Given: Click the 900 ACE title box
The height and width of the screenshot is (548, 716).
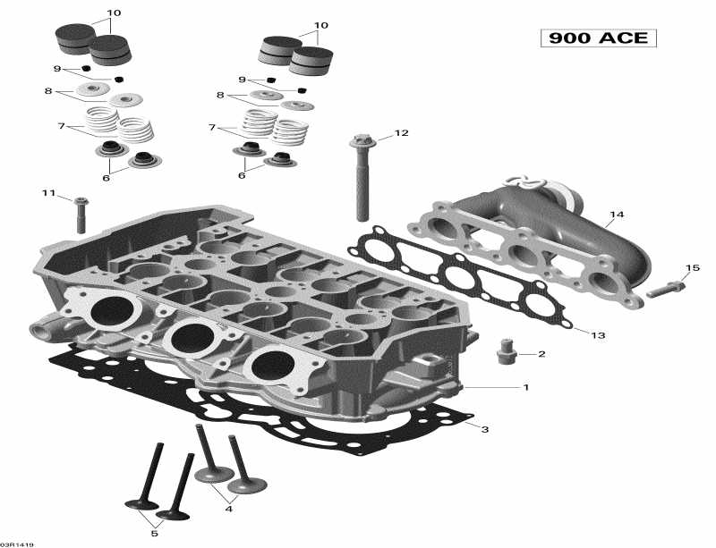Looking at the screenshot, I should (x=599, y=38).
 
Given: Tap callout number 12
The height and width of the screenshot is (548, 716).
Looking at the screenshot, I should (x=401, y=133).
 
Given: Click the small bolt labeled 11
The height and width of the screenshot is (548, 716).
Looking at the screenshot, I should (x=81, y=215).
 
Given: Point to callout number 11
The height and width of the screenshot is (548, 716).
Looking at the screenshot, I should (x=47, y=193).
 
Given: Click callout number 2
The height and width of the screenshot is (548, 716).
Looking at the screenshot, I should (x=541, y=354).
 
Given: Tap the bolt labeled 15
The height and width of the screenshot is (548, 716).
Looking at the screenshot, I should (x=666, y=289).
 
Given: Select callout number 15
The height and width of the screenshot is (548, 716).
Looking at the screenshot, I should (x=693, y=268).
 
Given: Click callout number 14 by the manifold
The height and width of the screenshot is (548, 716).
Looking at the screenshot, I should (x=616, y=215).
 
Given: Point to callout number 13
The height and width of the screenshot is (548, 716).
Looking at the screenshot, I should (x=598, y=335).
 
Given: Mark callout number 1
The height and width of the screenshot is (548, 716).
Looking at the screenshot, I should (x=526, y=387).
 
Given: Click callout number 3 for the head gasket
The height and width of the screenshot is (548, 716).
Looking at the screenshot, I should (x=485, y=430).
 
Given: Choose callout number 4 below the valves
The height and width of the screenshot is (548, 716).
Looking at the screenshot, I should (x=229, y=510).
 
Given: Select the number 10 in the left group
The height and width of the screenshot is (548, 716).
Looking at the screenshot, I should (x=114, y=13).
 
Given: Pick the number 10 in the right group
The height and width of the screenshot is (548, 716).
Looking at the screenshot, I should (x=320, y=25).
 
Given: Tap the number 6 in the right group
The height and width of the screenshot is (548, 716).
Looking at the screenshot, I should (x=241, y=175).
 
